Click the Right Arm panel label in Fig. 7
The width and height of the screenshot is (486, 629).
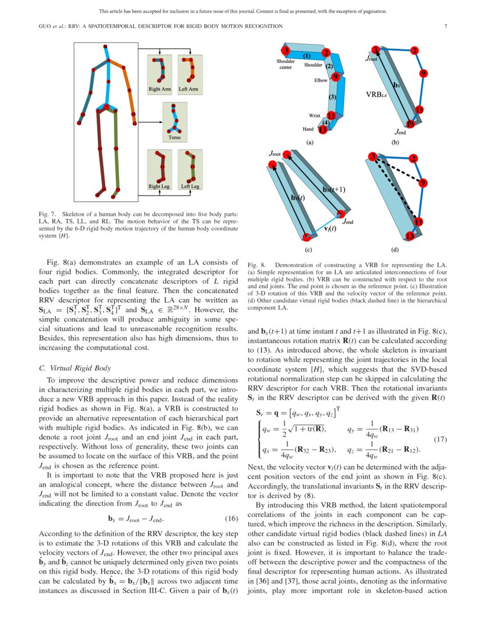point(160,89)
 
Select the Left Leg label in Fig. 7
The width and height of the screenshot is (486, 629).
point(190,186)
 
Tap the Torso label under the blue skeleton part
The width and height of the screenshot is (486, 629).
point(174,137)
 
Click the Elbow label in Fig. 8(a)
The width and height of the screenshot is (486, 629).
point(321,80)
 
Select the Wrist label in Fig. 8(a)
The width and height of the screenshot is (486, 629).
point(315,116)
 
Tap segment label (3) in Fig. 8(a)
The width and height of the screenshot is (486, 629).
point(332,97)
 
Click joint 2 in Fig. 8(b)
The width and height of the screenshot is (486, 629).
point(415,50)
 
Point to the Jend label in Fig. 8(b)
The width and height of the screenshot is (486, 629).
point(400,132)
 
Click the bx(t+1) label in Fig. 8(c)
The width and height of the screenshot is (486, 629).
point(334,189)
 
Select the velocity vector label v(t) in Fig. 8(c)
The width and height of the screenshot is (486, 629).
point(330,228)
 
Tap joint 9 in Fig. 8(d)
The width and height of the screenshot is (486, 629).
point(422,183)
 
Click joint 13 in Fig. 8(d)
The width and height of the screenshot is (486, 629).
point(409,236)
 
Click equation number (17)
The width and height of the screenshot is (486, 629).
point(440,439)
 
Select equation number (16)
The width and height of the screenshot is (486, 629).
point(232,519)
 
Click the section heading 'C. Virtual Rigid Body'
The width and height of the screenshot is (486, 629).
point(75,368)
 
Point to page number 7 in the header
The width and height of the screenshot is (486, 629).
point(445,26)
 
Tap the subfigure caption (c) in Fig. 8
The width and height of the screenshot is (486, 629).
point(308,249)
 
